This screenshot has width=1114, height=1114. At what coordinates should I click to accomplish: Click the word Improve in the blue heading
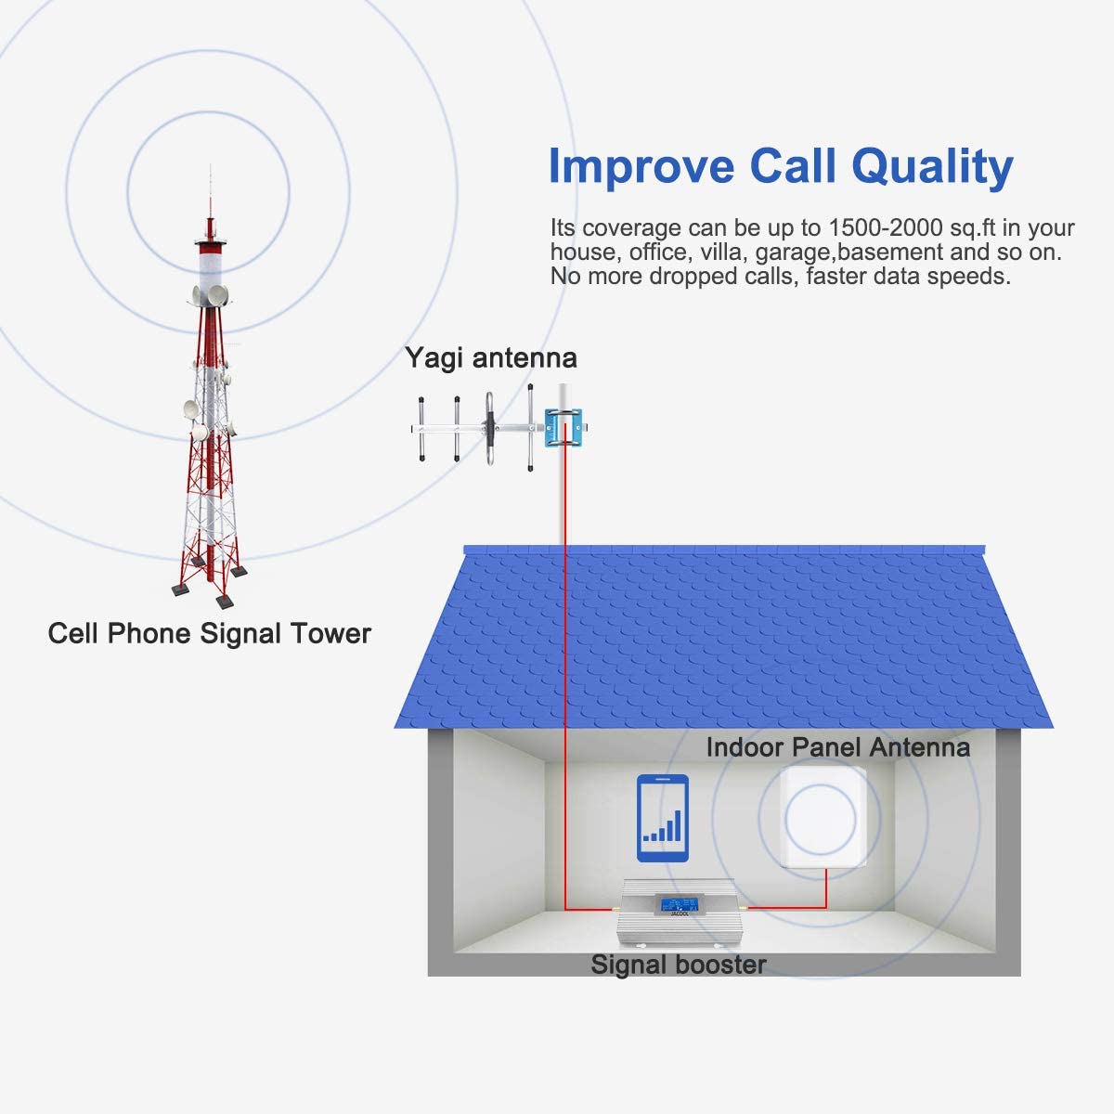pyautogui.click(x=641, y=166)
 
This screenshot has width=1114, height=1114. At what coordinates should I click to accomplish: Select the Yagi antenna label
pyautogui.click(x=491, y=357)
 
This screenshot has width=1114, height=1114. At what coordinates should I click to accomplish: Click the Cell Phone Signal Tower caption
pyautogui.click(x=209, y=633)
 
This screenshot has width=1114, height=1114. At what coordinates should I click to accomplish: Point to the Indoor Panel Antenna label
pyautogui.click(x=837, y=747)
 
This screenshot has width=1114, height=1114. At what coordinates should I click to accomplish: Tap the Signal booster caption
pyautogui.click(x=678, y=965)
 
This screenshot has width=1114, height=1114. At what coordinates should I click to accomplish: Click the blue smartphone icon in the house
pyautogui.click(x=663, y=818)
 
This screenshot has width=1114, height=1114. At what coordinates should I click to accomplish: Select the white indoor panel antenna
pyautogui.click(x=823, y=817)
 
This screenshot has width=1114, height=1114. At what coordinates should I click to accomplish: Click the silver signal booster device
pyautogui.click(x=677, y=913)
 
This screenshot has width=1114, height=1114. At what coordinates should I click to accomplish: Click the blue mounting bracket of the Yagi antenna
pyautogui.click(x=563, y=428)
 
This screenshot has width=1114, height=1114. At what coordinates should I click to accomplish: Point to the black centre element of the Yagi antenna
pyautogui.click(x=489, y=428)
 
